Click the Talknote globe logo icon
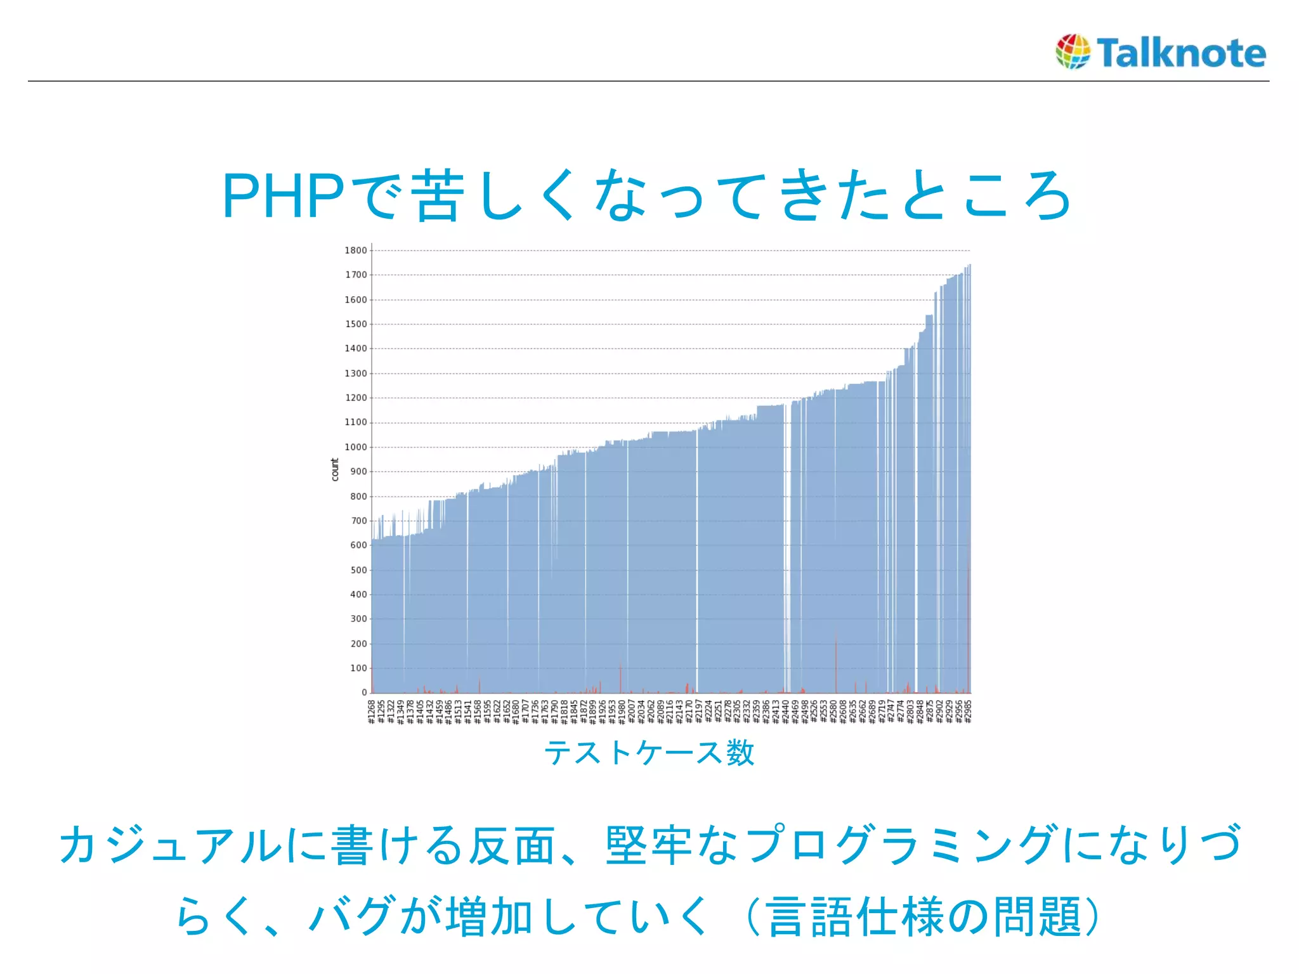(1073, 51)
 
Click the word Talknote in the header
(1181, 53)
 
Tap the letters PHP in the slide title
(283, 197)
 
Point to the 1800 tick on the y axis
(356, 250)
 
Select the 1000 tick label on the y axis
(356, 447)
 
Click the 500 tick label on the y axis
(358, 570)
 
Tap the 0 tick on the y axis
(364, 692)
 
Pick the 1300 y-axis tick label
(356, 373)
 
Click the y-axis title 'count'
(335, 470)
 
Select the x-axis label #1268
(372, 711)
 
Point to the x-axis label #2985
(968, 711)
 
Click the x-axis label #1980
(622, 711)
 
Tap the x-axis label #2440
(785, 711)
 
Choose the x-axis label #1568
(478, 711)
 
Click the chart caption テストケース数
(649, 753)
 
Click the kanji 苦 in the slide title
(436, 197)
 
